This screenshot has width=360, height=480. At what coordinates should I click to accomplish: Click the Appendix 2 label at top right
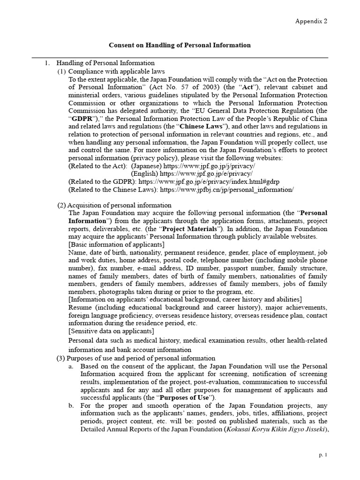pyautogui.click(x=311, y=21)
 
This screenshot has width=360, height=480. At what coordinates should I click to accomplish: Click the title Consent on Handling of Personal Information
pyautogui.click(x=180, y=45)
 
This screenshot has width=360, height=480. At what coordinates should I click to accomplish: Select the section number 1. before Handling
pyautogui.click(x=47, y=63)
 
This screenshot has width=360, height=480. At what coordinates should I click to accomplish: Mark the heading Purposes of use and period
pyautogui.click(x=136, y=358)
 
